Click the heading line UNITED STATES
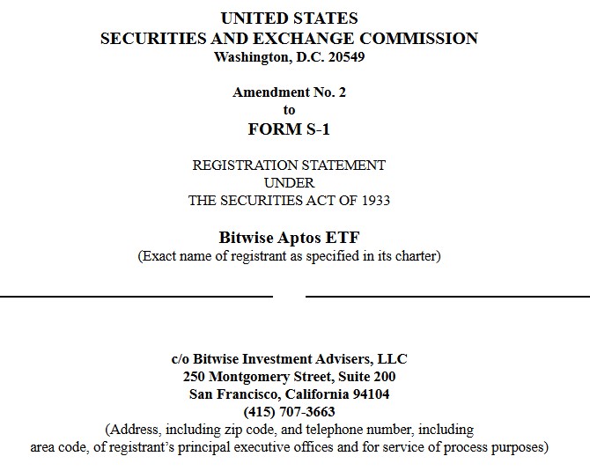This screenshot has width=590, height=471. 289,18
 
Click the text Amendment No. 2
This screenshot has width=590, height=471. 289,92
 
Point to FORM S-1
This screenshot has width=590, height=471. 289,129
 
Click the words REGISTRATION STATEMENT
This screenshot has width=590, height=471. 289,165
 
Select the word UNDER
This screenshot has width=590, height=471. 289,182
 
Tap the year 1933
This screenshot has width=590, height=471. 374,200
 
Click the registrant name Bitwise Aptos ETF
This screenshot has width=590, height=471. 289,238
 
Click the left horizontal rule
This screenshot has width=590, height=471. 136,297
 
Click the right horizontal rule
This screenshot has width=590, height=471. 447,297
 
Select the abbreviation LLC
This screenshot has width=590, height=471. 392,359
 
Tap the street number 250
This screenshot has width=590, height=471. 195,377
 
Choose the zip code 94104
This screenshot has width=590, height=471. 371,394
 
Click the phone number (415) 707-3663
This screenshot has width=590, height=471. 289,412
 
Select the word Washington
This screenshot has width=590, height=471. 250,57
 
